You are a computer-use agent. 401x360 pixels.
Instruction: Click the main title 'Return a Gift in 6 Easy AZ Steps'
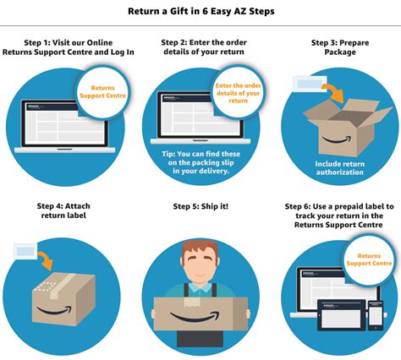click(x=200, y=11)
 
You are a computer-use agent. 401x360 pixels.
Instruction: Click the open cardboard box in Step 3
click(x=338, y=131)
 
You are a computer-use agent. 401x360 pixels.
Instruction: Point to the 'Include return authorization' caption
click(x=339, y=169)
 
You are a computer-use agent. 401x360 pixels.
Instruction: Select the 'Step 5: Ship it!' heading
click(x=200, y=206)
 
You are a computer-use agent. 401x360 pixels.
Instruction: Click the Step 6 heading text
click(x=338, y=216)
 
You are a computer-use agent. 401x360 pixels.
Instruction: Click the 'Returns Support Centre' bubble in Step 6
click(x=374, y=259)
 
